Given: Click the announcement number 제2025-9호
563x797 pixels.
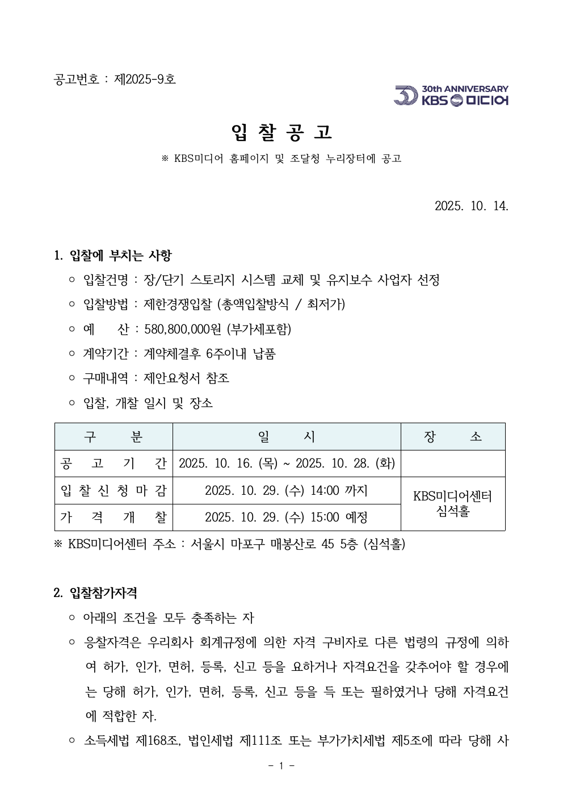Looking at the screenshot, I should click(x=145, y=79).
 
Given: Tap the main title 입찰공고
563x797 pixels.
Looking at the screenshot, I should click(x=281, y=132).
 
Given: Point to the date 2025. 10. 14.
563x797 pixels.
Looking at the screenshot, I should click(x=471, y=206).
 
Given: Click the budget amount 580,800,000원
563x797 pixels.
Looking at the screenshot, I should click(x=183, y=329).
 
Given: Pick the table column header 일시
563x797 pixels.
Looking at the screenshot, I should click(x=286, y=437).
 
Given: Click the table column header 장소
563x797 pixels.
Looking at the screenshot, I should click(x=452, y=437).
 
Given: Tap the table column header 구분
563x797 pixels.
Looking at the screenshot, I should click(x=113, y=437).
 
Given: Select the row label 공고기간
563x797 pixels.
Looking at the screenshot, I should click(x=113, y=464).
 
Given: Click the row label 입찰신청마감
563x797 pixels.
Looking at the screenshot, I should click(x=113, y=490).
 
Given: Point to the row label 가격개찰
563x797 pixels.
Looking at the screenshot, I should click(x=113, y=518).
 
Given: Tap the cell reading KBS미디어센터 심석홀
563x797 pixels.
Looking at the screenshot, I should click(x=452, y=503).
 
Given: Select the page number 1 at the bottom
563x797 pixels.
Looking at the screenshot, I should click(x=281, y=766).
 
